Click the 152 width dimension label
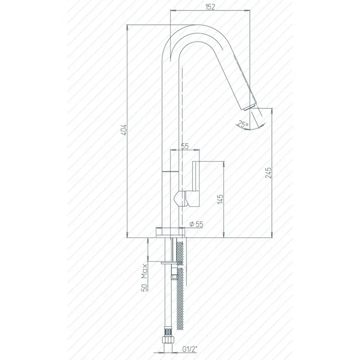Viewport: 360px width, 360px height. coord(210,7)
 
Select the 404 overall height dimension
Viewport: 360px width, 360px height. coord(124,130)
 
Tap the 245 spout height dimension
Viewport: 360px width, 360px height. coord(268,173)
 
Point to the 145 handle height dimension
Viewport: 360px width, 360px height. coord(220,199)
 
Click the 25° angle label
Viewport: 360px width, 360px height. coord(242,124)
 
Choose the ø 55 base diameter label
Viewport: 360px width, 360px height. coord(197,224)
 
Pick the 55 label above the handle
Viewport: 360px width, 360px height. coord(185,146)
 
